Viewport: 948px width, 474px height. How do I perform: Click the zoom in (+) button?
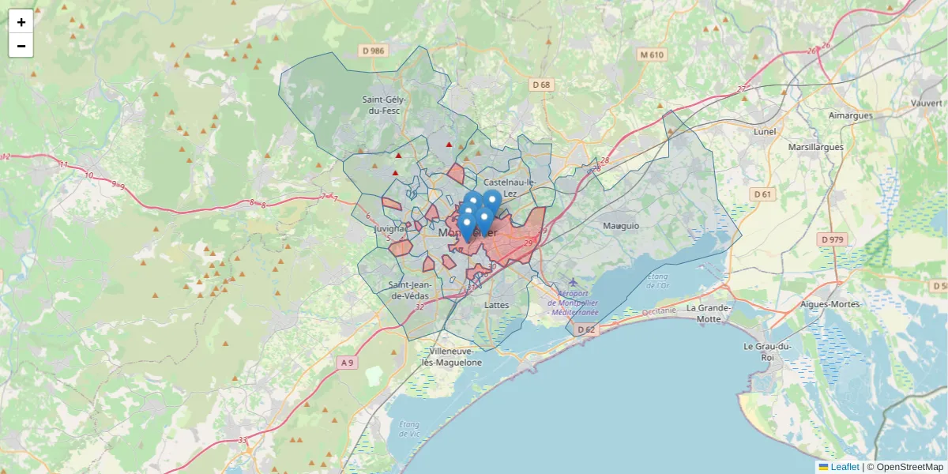point(21,22)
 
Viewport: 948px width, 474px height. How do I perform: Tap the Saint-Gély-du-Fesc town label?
point(383,105)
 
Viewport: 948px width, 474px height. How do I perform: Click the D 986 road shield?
point(373,51)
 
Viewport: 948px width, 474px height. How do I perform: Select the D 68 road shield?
point(541,85)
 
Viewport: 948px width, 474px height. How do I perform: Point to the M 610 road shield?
point(653,55)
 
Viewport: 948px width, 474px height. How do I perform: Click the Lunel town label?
point(765,131)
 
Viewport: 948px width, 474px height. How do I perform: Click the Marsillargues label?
point(816,147)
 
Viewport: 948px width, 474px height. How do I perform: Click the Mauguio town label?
point(620,226)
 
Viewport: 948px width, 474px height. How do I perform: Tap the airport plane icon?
point(573,283)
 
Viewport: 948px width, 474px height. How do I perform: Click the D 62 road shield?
point(585,329)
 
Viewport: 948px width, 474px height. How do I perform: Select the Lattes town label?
point(497,304)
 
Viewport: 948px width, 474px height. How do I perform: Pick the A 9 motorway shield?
point(348,363)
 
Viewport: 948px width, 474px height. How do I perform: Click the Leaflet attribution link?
point(845,467)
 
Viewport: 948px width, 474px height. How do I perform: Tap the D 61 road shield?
point(762,194)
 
